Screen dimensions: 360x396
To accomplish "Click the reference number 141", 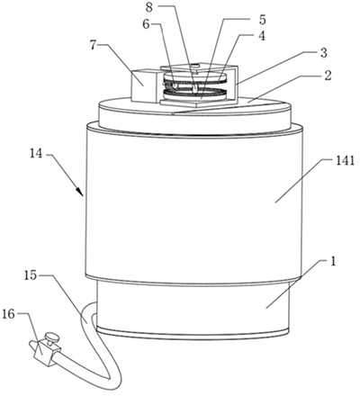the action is (345, 161).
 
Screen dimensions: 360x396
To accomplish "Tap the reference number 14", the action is (36, 155).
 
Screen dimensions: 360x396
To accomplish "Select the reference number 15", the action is (31, 275).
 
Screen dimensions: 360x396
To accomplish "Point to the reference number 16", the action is (8, 314).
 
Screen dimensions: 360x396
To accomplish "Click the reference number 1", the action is (333, 261).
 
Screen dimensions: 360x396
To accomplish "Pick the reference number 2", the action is (328, 76).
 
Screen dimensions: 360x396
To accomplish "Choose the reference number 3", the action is (323, 53).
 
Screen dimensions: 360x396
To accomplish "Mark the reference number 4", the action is (262, 36).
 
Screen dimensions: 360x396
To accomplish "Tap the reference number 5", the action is (262, 20).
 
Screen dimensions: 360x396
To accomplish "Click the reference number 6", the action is (146, 24).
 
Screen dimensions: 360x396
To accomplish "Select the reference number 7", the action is (94, 46).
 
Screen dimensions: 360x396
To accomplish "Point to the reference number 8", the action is (149, 7).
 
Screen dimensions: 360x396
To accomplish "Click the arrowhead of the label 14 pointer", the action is (80, 192).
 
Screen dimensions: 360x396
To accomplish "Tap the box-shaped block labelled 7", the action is (144, 85).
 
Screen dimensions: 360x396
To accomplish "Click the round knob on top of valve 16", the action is (52, 337).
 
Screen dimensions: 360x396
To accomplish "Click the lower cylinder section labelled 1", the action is (193, 309).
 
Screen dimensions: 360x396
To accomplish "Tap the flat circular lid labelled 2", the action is (195, 115).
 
